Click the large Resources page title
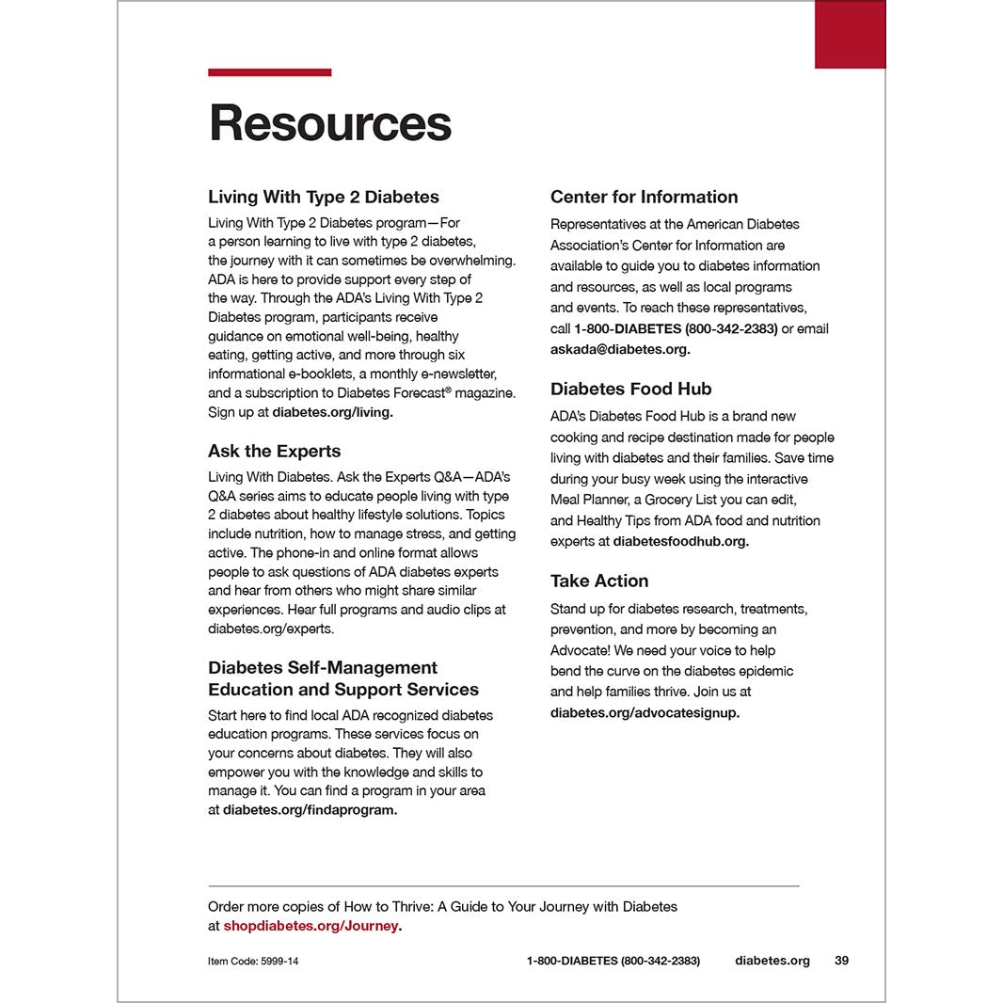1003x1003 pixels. [330, 123]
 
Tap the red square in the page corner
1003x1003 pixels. [850, 35]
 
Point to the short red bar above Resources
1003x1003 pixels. [269, 72]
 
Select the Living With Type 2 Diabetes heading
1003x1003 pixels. [323, 197]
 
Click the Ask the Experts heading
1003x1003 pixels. [274, 451]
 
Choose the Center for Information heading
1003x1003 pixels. [644, 197]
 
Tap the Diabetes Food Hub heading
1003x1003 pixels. [630, 389]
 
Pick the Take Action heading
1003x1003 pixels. [599, 581]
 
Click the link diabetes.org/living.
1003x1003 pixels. [332, 412]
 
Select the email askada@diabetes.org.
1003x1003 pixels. [620, 349]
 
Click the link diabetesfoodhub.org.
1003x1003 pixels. [680, 541]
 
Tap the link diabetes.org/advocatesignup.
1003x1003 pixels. [645, 712]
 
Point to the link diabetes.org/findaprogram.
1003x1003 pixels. [310, 809]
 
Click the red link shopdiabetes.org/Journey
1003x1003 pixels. [311, 926]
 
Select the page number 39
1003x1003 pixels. [841, 961]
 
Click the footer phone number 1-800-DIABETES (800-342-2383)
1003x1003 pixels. [613, 961]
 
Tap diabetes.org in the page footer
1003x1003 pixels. [772, 961]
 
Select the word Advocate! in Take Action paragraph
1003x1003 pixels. [580, 650]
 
